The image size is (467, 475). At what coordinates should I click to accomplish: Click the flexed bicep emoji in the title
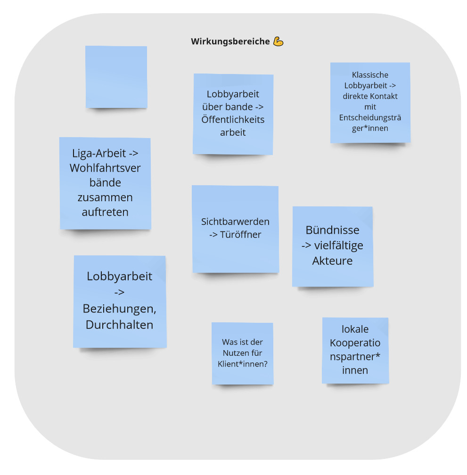[278, 41]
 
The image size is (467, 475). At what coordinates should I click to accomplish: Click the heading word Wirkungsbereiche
[230, 41]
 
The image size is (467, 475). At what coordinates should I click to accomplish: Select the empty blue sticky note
[116, 77]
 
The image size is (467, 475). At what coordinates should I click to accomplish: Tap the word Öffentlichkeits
[233, 119]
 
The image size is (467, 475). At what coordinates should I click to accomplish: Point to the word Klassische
[370, 75]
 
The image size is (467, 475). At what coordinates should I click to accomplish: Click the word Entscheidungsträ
[370, 117]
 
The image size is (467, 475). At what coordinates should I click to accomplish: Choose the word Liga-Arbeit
[99, 153]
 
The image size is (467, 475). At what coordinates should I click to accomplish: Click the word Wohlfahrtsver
[105, 168]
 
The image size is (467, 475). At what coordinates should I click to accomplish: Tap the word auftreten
[105, 212]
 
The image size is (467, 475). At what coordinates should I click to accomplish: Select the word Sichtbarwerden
[235, 221]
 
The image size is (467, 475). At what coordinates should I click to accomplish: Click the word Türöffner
[240, 235]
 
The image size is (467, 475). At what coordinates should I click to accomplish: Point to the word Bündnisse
[333, 230]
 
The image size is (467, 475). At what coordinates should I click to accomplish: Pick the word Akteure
[333, 261]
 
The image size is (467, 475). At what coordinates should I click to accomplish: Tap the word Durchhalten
[119, 325]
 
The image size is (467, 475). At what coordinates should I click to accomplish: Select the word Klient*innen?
[243, 364]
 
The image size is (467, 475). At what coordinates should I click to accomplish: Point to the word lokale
[355, 329]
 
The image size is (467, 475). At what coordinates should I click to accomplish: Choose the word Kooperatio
[355, 343]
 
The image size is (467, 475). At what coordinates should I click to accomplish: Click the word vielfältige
[339, 246]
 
